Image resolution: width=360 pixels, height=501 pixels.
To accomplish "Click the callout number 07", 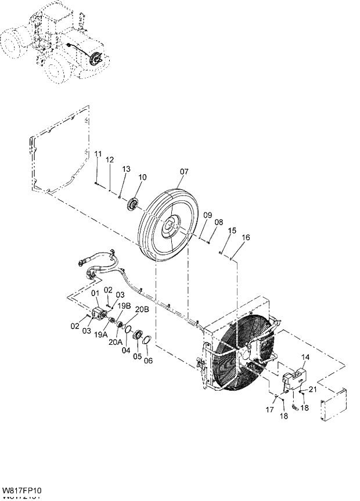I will click(184, 172).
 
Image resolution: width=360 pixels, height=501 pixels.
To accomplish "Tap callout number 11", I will click(99, 153).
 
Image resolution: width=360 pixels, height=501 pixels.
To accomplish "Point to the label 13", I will click(126, 168).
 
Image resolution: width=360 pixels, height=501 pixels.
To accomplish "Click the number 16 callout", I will click(246, 237).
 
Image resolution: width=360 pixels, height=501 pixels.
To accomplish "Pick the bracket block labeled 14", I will click(293, 380).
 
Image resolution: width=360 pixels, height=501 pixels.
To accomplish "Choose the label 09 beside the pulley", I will click(207, 215).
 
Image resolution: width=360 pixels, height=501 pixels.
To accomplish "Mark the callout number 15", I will click(232, 230).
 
